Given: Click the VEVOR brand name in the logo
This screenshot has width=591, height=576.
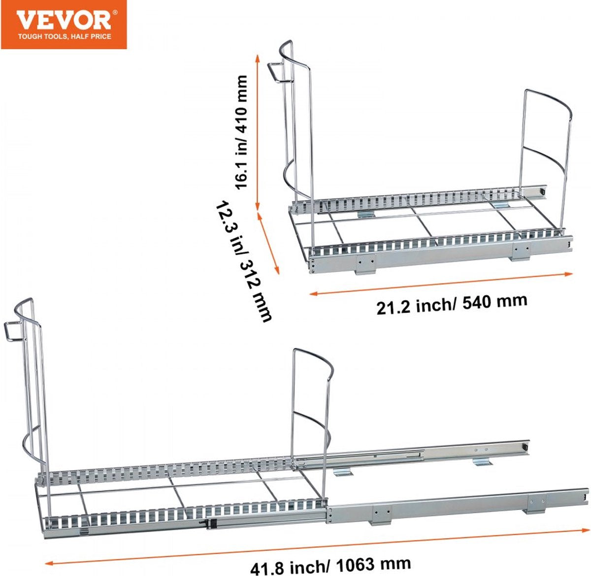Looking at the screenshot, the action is pos(64,21).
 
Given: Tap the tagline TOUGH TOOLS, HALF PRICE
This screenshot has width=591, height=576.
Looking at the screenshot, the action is pos(65,37).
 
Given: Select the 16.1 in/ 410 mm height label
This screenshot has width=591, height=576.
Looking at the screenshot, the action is pos(242,132).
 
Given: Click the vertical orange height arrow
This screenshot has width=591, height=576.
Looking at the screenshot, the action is pos(258,132).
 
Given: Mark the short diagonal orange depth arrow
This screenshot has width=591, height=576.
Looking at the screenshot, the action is pos(268,243).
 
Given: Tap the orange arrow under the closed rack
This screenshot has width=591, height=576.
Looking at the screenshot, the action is pos(441,284).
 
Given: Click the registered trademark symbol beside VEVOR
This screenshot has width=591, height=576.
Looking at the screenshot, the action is pos(115,13).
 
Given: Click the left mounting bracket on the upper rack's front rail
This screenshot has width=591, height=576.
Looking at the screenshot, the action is pos(365,264).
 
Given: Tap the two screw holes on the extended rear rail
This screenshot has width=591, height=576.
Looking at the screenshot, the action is pos(482,449).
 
